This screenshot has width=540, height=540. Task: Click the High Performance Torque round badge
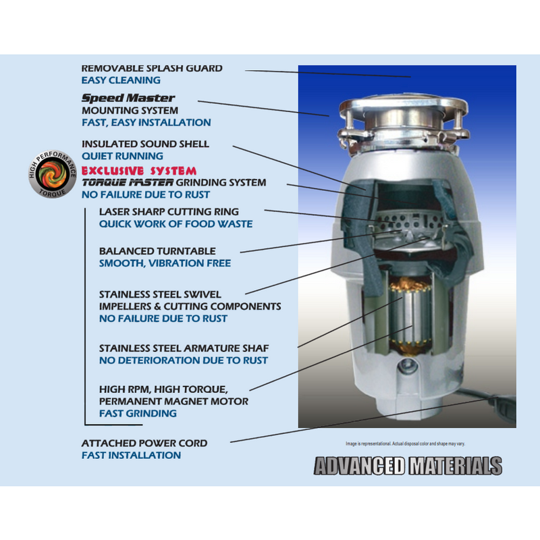coord(53,174)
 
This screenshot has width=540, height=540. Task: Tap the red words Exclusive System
coord(139,171)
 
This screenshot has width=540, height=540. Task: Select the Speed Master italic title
coord(128,98)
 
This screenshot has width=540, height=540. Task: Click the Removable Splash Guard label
coord(152,68)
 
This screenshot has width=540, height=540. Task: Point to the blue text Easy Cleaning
coord(121,80)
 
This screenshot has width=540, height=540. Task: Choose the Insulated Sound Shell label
coord(145,144)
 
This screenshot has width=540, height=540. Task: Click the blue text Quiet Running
coord(122,156)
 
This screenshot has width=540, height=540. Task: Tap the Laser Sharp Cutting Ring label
coord(169,212)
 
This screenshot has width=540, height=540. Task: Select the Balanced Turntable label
coord(157,251)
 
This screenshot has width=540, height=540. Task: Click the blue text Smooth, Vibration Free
coord(165,263)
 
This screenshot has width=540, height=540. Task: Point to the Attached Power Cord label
coord(144,443)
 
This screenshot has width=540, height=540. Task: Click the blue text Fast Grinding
coord(138,413)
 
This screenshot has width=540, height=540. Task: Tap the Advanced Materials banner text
coord(408,466)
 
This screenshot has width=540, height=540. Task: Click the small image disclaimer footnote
coord(406,443)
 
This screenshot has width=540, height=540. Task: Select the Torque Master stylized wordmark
coord(128,182)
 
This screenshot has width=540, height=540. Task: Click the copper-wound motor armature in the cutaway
coord(410,315)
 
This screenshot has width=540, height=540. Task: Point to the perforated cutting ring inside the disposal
coord(409,222)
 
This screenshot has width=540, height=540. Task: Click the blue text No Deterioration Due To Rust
coord(183,360)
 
